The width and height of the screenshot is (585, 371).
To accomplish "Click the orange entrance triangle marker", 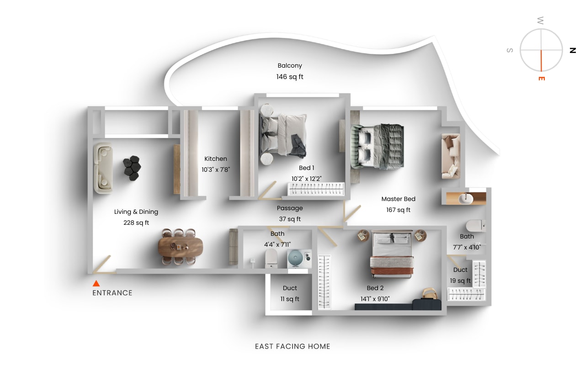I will point(96,283).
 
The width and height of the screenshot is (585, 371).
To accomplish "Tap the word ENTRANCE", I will point(112,293).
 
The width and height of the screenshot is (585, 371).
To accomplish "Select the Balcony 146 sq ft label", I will point(290,71).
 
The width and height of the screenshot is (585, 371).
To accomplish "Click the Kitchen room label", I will point(215,159).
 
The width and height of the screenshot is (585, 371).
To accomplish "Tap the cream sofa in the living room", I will point(102,168).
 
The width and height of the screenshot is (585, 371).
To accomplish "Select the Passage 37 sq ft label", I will point(290,213).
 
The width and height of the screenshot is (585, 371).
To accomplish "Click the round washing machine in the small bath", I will point(295,259).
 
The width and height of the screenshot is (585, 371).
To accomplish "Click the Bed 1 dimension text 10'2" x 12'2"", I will point(307,179).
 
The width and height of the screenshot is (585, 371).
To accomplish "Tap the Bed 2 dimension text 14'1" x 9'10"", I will point(375,299).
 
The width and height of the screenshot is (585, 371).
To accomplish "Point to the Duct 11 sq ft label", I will point(290,294).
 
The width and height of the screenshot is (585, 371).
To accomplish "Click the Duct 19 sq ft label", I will point(460,276).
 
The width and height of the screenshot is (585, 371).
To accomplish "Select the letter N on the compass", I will point(572,50).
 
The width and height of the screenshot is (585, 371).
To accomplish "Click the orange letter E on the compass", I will point(542,79).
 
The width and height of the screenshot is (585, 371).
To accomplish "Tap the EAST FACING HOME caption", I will point(292,346).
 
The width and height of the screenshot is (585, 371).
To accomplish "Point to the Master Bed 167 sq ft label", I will point(398,205).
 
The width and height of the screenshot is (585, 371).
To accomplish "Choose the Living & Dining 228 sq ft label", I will point(136,217).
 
